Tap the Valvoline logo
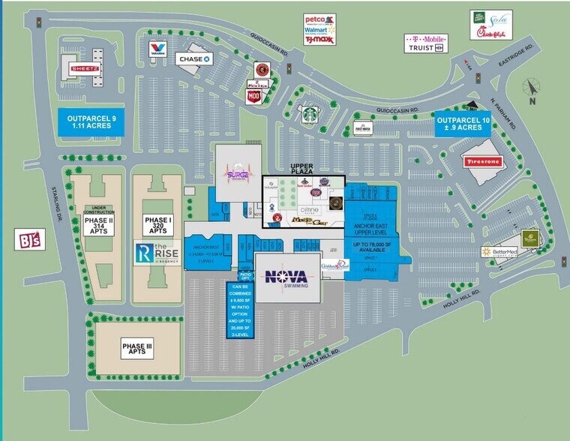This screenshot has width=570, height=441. [x=157, y=50]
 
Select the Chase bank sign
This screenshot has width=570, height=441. [x=195, y=58]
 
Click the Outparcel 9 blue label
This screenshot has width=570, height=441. [x=93, y=121]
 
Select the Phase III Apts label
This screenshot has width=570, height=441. [x=137, y=347]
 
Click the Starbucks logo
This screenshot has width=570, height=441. [x=310, y=115]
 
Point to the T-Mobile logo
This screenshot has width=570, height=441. [x=425, y=37]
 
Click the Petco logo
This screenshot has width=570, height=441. [x=317, y=19]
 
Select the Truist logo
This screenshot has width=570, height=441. [x=425, y=48]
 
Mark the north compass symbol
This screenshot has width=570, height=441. [x=532, y=88]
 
